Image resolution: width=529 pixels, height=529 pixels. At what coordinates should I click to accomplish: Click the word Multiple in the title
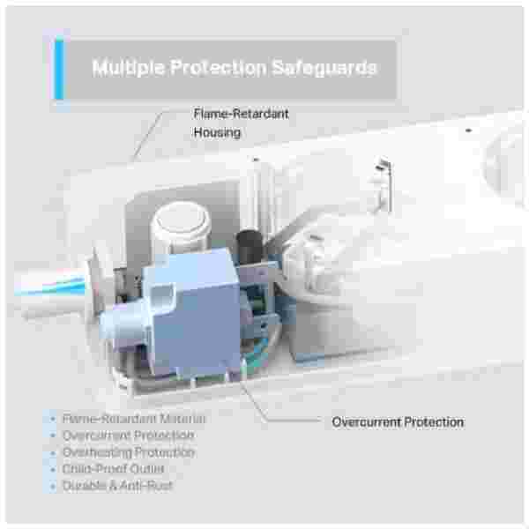click(x=128, y=68)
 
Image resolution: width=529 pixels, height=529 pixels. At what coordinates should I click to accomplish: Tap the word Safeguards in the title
click(x=324, y=67)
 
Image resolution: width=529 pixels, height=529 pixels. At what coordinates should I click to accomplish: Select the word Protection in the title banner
click(x=218, y=67)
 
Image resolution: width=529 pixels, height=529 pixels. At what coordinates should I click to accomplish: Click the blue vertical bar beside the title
click(x=59, y=69)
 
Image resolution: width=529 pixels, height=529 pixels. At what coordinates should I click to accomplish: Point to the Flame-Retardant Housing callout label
click(x=241, y=123)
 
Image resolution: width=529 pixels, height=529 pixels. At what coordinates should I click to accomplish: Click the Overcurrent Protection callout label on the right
click(x=398, y=422)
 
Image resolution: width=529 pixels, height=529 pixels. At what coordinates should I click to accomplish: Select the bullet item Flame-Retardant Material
click(x=134, y=419)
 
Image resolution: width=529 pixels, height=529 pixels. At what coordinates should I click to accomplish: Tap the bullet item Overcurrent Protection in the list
click(x=129, y=436)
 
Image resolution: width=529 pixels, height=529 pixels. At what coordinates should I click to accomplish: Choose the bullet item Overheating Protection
click(x=129, y=452)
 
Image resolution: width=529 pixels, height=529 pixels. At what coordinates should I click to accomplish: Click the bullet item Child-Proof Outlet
click(x=114, y=469)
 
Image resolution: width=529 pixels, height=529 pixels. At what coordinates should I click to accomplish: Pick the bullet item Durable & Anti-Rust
click(x=117, y=486)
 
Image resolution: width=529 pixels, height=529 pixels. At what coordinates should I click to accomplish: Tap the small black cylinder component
click(x=250, y=247)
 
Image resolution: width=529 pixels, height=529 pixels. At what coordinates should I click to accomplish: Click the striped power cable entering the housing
click(x=50, y=287)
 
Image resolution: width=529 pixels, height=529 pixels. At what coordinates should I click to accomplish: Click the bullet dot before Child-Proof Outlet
click(x=53, y=469)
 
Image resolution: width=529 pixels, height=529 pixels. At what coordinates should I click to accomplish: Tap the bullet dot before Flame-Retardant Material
click(x=53, y=419)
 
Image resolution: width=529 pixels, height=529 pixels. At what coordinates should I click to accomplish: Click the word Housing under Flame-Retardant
click(x=217, y=132)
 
